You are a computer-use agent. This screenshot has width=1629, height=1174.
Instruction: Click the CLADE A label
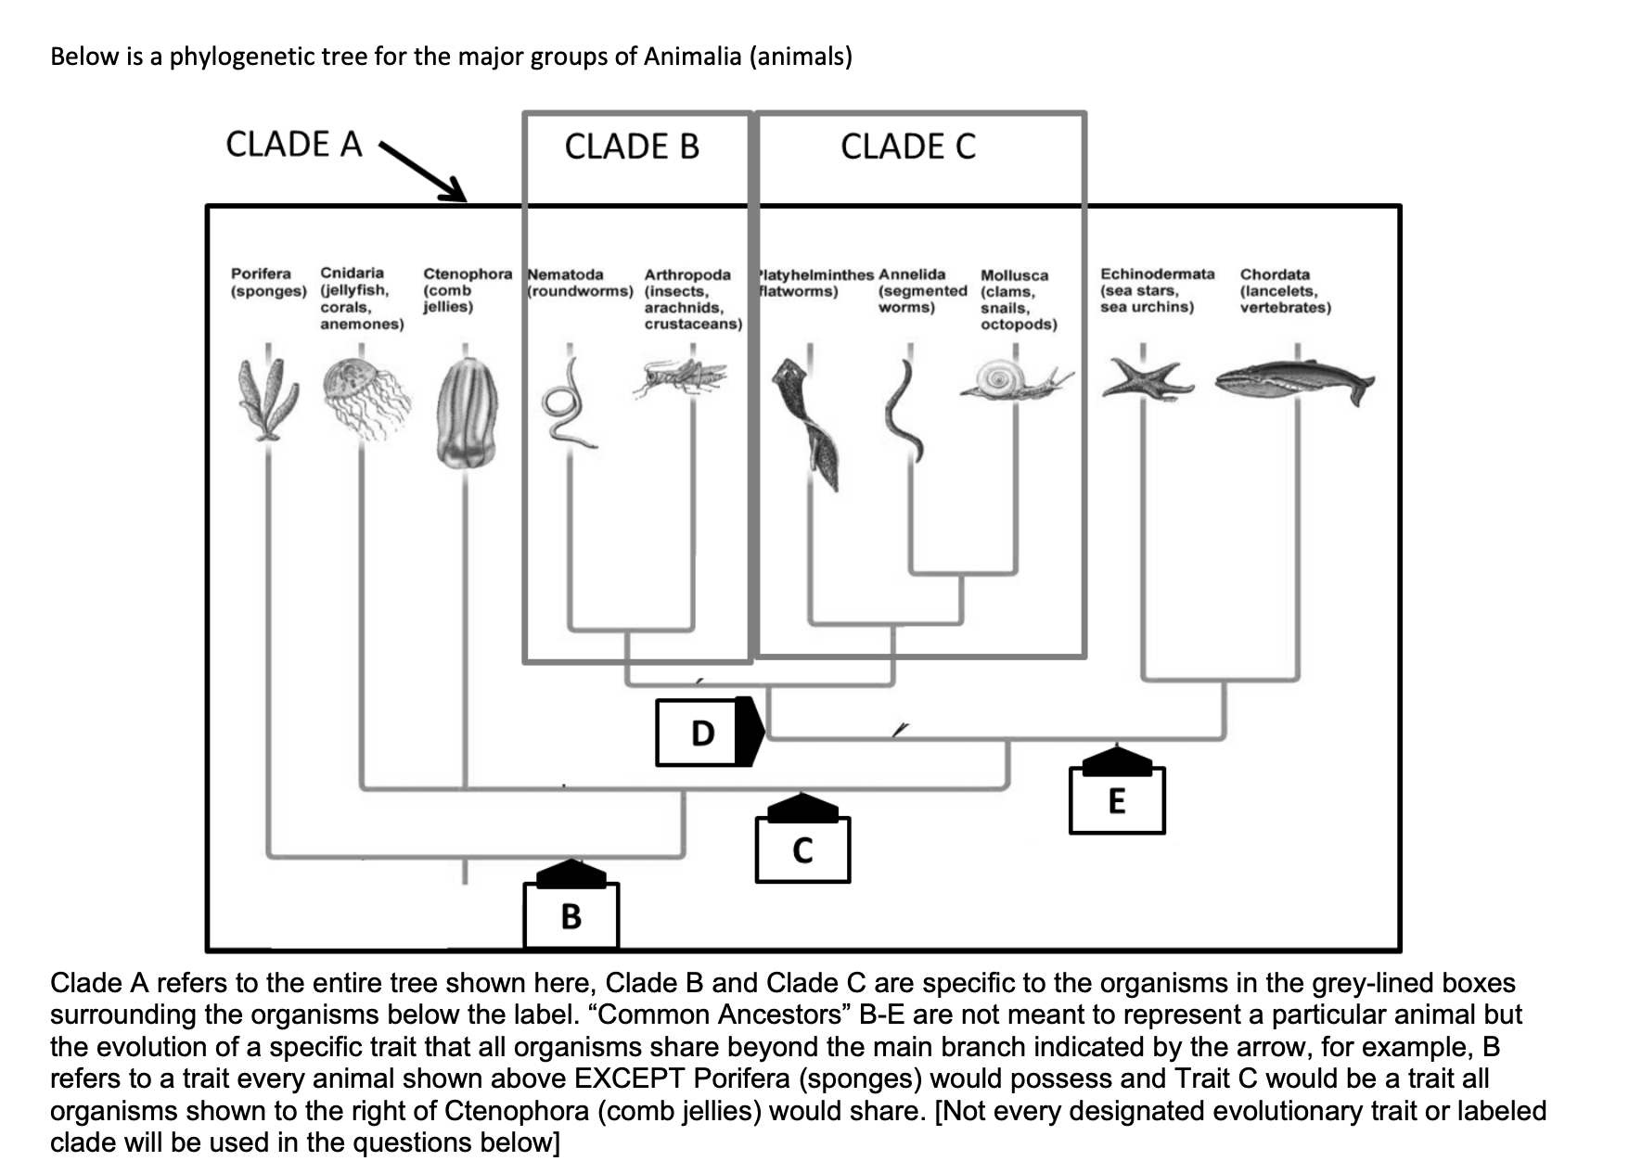pyautogui.click(x=293, y=145)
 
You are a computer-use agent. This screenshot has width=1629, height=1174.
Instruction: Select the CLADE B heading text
pyautogui.click(x=632, y=147)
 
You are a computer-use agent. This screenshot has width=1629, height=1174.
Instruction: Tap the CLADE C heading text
pyautogui.click(x=908, y=147)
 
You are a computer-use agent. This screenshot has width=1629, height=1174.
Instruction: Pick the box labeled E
pyautogui.click(x=1117, y=800)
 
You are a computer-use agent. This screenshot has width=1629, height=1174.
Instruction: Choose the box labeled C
pyautogui.click(x=802, y=849)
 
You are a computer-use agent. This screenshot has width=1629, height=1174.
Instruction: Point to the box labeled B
pyautogui.click(x=571, y=916)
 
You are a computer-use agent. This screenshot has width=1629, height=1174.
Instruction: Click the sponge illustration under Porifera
pyautogui.click(x=267, y=397)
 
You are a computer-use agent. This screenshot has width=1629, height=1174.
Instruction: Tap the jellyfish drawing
pyautogui.click(x=366, y=397)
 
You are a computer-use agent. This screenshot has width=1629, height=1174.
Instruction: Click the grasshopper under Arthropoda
pyautogui.click(x=683, y=377)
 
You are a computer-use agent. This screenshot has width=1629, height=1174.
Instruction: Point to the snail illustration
pyautogui.click(x=1013, y=380)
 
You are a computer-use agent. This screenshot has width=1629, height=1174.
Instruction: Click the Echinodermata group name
pyautogui.click(x=1157, y=274)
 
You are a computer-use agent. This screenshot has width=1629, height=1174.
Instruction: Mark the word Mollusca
pyautogui.click(x=1014, y=275)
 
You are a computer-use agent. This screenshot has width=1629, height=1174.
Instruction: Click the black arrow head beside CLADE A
pyautogui.click(x=455, y=189)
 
